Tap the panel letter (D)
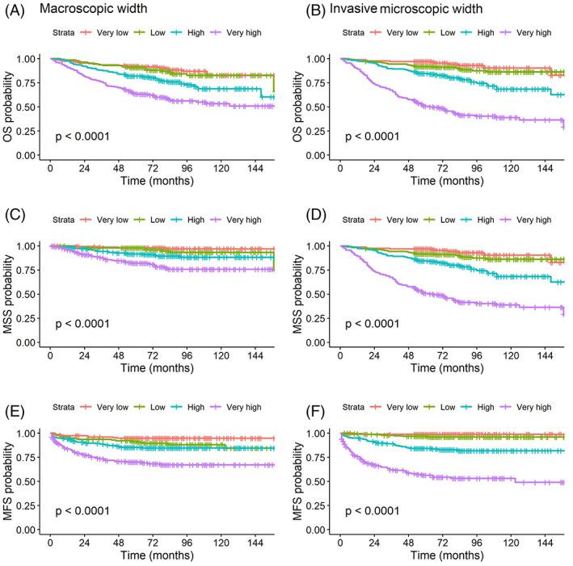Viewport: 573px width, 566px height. point(305,199)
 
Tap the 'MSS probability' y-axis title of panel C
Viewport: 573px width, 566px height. point(11,291)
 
